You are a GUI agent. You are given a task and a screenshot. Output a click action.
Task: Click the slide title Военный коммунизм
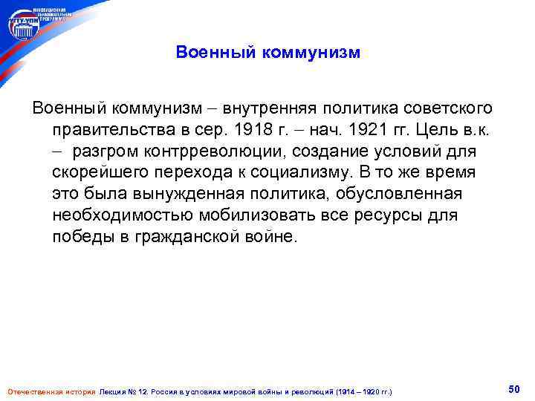267,53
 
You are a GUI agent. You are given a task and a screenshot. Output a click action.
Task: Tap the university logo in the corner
25,26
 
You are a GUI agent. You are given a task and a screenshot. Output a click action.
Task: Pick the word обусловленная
403,195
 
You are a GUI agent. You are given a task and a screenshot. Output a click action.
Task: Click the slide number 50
513,389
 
